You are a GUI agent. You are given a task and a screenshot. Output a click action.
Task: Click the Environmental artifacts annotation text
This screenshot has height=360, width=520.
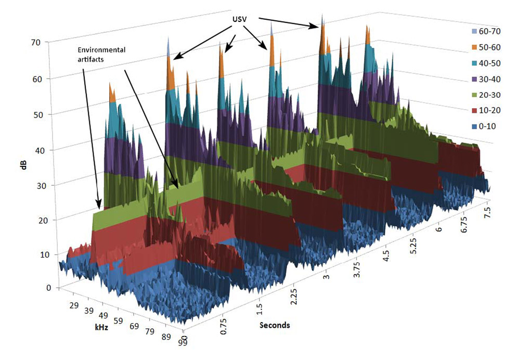102,55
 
